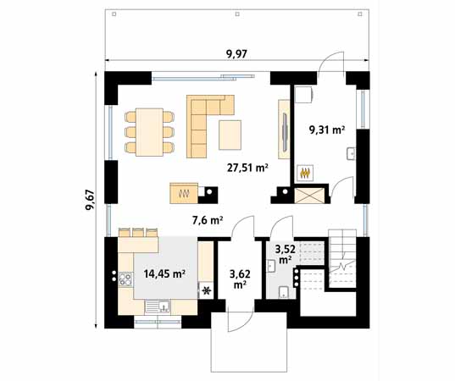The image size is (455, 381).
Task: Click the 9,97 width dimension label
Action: [x=236, y=54]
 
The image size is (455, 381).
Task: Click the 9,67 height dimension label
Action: [x=90, y=200]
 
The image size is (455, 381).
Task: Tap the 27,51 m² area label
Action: [x=247, y=168]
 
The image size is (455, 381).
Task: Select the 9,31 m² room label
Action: [x=327, y=130]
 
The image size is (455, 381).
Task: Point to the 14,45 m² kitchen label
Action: [x=165, y=273]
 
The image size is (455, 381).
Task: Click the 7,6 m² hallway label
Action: [x=208, y=221]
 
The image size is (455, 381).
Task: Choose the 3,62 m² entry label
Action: [x=240, y=279]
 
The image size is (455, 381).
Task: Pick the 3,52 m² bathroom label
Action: [x=286, y=254]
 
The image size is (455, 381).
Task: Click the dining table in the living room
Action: [x=149, y=132]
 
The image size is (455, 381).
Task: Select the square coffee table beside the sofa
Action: [x=230, y=135]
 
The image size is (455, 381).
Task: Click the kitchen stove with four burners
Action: [x=125, y=279]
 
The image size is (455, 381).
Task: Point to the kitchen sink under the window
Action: [x=158, y=306]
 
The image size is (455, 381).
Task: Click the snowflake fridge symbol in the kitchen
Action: [x=206, y=290]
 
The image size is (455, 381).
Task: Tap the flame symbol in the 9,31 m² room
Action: [x=305, y=173]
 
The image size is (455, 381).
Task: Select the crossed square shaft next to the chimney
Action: [x=309, y=196]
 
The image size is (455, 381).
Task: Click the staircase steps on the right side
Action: [x=342, y=258]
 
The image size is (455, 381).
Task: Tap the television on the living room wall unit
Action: [x=286, y=132]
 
